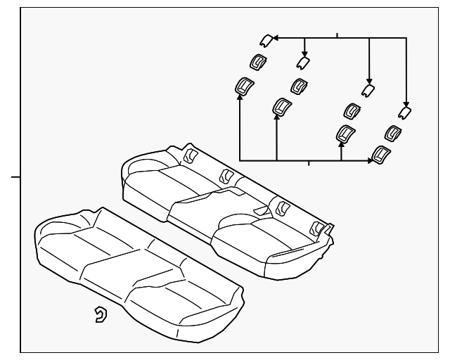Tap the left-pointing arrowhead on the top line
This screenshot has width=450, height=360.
[x=275, y=37]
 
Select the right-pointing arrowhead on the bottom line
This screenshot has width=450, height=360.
[x=371, y=161]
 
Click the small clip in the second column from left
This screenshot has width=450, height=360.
[x=302, y=63]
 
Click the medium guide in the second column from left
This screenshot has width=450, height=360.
[x=298, y=86]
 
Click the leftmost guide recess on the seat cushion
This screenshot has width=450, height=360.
[x=191, y=154]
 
